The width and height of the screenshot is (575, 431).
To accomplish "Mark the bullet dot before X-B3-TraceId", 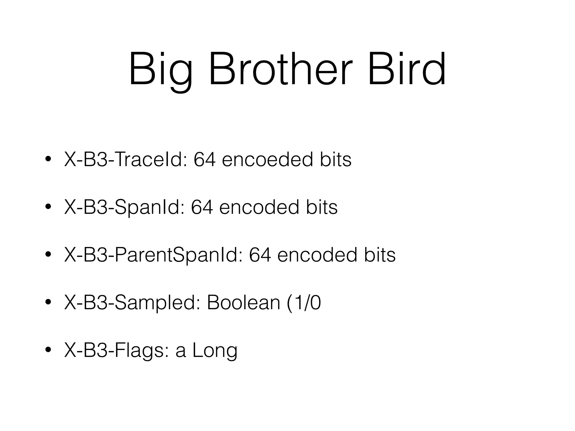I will [x=48, y=159].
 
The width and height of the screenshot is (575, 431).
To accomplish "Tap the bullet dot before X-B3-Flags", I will [x=48, y=350].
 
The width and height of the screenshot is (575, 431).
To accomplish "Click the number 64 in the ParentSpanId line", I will [x=260, y=255].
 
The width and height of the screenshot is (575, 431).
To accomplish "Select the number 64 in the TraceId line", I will [x=205, y=160].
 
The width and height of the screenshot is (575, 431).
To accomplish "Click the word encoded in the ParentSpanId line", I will [x=317, y=255].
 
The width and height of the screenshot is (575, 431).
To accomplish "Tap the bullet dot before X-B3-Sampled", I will [x=48, y=302].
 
